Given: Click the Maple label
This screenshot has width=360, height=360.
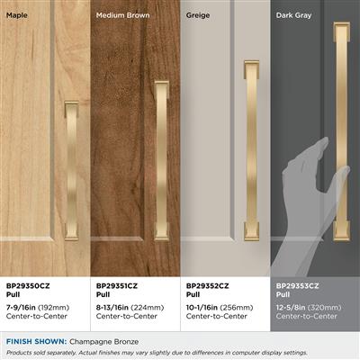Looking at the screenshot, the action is (17, 15).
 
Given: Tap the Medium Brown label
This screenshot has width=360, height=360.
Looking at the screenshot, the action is (122, 15).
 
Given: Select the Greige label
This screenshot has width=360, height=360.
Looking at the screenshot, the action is (198, 15).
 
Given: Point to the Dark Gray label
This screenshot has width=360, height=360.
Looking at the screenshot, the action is (293, 15).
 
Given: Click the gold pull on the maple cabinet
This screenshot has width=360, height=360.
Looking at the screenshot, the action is (71, 171).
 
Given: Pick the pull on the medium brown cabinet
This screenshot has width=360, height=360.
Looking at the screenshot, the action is (161, 161).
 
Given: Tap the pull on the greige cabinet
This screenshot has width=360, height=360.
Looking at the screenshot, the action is (251, 151).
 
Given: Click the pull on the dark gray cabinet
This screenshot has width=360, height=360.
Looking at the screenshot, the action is (342, 131).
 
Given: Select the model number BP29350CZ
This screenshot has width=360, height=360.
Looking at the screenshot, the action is (28, 286).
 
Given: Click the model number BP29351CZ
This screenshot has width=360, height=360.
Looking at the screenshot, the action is (117, 286).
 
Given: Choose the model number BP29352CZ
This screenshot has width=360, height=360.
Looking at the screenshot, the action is (207, 286).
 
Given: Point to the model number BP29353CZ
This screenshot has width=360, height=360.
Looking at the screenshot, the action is (297, 286).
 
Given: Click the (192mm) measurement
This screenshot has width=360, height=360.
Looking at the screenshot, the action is (54, 308).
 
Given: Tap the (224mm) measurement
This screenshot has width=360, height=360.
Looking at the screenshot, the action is (148, 308).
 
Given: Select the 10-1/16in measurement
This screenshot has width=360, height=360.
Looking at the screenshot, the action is (202, 308).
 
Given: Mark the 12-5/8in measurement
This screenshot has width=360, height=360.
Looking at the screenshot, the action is (291, 308).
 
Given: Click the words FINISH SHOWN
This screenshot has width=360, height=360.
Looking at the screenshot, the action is (36, 341).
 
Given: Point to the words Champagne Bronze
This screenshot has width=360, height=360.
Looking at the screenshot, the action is (104, 342).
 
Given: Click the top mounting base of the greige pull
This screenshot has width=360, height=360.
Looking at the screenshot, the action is (251, 69).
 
